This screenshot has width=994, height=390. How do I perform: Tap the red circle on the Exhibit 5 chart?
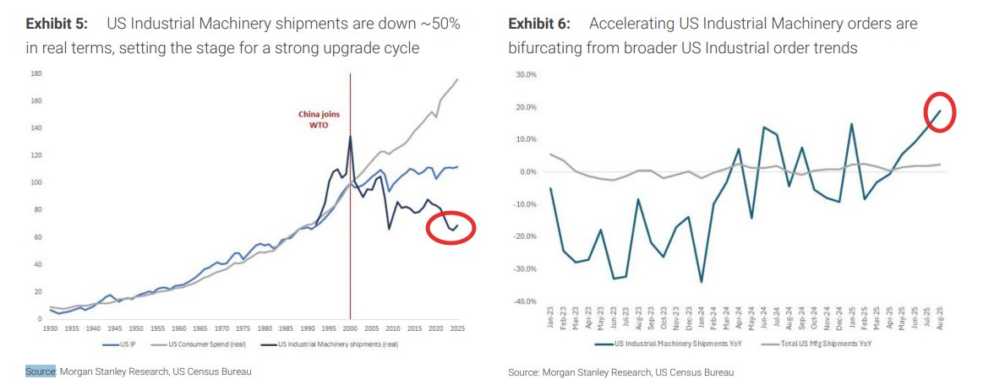pos(452,227)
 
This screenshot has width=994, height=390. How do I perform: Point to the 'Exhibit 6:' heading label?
pos(539,24)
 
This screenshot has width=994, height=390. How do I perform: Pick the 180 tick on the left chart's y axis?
pos(36,74)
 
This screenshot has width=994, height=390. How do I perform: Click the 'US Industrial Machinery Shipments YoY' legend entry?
pos(668,344)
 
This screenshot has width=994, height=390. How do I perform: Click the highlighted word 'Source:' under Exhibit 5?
pos(40,371)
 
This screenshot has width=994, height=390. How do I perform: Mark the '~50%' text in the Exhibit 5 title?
pos(441,24)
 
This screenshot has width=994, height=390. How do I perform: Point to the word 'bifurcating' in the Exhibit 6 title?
pos(545,49)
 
